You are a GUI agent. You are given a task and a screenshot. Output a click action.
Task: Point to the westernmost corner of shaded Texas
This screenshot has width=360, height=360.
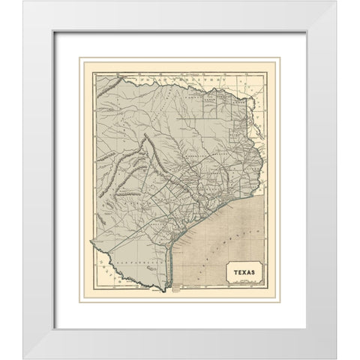91,241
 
